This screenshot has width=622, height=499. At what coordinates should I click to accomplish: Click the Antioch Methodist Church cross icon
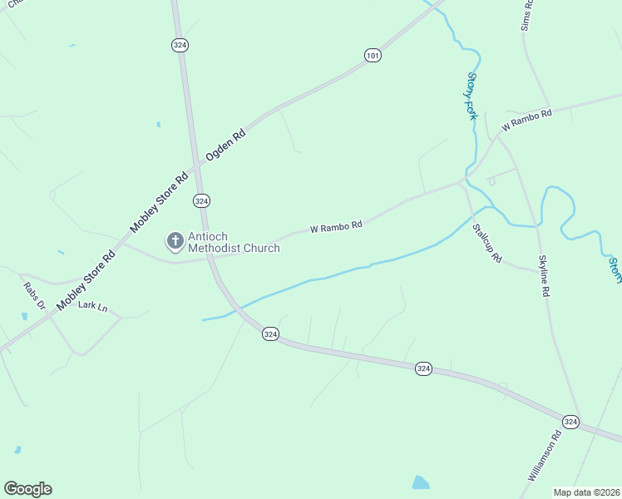coord(175,241)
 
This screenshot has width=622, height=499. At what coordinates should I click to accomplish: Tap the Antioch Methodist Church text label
coord(234,242)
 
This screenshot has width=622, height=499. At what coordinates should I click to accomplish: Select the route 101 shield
coord(373,56)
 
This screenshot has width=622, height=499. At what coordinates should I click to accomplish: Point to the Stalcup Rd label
coord(486,243)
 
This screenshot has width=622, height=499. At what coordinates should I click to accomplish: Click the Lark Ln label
coord(93,306)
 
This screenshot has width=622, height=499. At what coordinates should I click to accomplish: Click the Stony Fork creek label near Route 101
coord(471,96)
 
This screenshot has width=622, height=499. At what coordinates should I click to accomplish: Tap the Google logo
coord(27,489)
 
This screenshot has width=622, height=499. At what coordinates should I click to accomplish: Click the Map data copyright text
coord(586,492)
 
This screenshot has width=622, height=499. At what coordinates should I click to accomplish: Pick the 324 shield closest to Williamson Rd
coord(570,422)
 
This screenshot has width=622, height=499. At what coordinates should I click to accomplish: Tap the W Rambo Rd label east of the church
coord(336,226)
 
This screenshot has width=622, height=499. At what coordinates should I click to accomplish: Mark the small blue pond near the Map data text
coord(421,482)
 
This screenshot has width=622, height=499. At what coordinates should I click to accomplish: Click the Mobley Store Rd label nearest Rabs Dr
coord(86,279)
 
